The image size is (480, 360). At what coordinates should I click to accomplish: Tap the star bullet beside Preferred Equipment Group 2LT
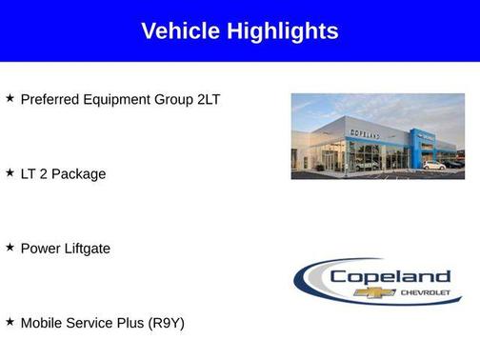10,98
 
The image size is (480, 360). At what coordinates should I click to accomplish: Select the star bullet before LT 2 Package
10,173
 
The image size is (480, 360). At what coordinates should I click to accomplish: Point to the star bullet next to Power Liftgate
10,248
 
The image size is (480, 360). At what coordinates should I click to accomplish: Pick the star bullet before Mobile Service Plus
10,322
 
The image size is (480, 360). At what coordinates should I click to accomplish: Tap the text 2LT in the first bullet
207,99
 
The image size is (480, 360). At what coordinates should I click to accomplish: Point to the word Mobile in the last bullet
42,323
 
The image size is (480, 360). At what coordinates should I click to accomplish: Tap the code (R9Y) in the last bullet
165,323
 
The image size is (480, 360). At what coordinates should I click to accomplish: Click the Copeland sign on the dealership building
365,135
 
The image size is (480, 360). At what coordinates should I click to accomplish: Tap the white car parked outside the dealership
433,165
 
